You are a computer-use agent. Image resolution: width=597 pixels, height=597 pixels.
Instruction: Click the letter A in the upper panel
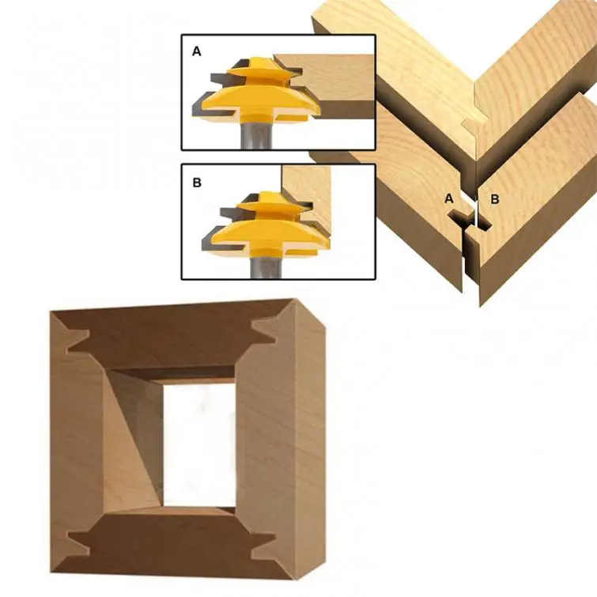point(196,51)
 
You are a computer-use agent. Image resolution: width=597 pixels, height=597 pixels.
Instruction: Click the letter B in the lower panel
point(197,183)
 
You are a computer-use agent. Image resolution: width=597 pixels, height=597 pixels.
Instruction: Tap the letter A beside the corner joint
point(449,198)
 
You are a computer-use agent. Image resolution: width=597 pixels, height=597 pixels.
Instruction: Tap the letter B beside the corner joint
point(494,198)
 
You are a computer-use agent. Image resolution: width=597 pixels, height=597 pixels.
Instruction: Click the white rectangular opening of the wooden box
point(199,444)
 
